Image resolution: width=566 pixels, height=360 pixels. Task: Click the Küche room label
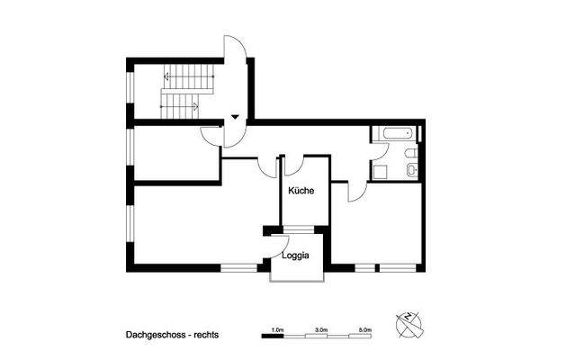click(300, 191)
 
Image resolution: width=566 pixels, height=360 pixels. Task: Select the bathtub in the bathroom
click(395, 134)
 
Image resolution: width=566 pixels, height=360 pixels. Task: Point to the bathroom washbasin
click(409, 154)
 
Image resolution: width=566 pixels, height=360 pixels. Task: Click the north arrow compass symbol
click(409, 322)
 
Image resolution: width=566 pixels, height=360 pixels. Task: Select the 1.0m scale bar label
click(278, 330)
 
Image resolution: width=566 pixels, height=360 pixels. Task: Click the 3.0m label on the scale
click(321, 330)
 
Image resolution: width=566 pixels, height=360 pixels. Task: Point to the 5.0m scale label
click(364, 330)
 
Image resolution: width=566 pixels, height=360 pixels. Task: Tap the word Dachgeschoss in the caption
click(156, 334)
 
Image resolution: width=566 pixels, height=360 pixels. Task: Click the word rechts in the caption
click(204, 334)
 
